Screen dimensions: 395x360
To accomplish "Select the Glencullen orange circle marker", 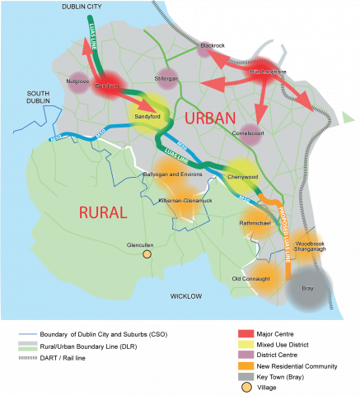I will [147, 255].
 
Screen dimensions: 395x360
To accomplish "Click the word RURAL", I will [103, 213].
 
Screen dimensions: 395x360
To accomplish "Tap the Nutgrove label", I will [77, 81].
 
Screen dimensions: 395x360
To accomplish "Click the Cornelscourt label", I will [245, 135].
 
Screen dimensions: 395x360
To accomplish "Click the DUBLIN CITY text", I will [79, 6].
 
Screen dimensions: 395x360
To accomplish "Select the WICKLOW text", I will [186, 295].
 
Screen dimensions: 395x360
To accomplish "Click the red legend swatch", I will [245, 332].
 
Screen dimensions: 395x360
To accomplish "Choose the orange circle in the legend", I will [245, 386].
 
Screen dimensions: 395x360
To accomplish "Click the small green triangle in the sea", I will [349, 119].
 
